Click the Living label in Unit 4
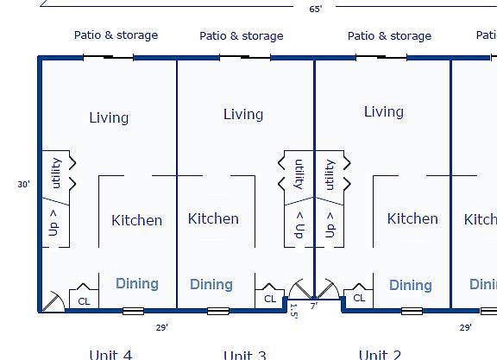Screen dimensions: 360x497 coord(109,117)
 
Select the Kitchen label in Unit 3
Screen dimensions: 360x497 coord(213,218)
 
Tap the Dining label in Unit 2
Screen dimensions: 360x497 coord(410,285)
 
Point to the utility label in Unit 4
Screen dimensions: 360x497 coord(56,173)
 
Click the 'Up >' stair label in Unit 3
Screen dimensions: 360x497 coord(299,225)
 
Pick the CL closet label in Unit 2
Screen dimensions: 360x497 coord(359,299)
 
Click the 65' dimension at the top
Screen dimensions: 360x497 coord(316,9)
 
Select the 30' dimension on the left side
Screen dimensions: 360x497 coord(23,184)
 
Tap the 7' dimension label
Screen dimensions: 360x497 coord(314,306)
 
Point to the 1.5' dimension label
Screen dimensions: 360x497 coord(293,312)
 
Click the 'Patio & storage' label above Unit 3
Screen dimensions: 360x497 coord(242,36)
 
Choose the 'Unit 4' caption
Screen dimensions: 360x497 coord(110,354)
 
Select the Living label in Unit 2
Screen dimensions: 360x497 coord(383,111)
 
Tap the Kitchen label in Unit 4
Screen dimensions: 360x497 coord(136,220)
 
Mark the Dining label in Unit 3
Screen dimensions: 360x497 coord(211,284)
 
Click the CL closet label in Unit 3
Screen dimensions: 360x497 coord(270,299)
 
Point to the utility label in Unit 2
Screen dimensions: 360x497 coord(329,174)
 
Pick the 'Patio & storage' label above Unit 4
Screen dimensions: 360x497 coord(116,35)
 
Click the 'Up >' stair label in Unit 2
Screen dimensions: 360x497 coord(329,224)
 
